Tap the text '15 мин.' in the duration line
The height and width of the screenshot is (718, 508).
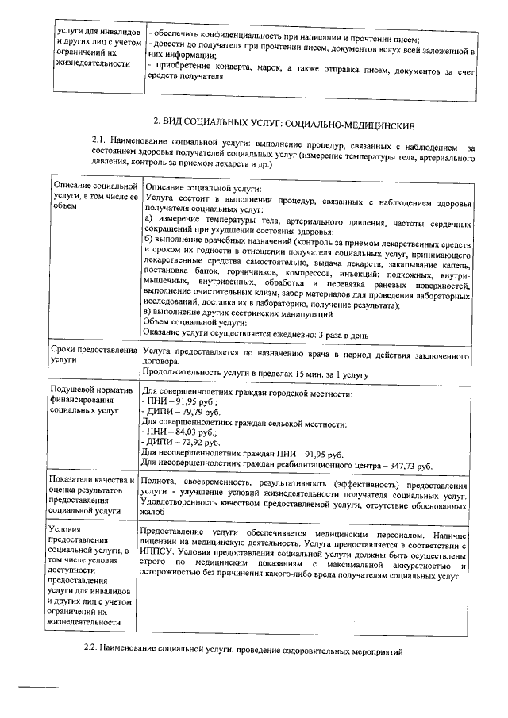coord(304,374)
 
